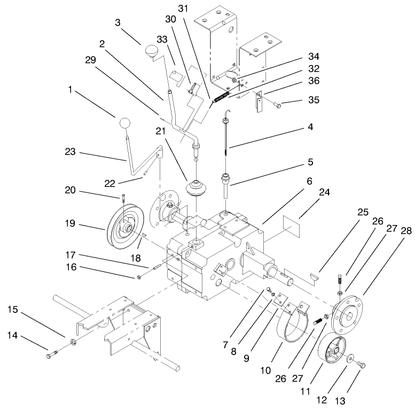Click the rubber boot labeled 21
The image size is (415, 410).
(x=196, y=189)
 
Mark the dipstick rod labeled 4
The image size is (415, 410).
(x=226, y=139)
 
